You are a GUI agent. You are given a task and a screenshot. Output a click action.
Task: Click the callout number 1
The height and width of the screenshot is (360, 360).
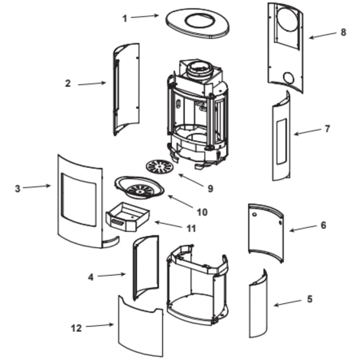click(125, 19)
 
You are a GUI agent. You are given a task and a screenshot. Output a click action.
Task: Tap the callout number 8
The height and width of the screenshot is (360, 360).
click(343, 32)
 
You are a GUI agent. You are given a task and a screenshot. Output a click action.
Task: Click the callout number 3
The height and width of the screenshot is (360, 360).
click(17, 189)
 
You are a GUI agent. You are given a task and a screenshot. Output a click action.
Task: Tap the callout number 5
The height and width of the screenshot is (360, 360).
click(310, 299)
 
